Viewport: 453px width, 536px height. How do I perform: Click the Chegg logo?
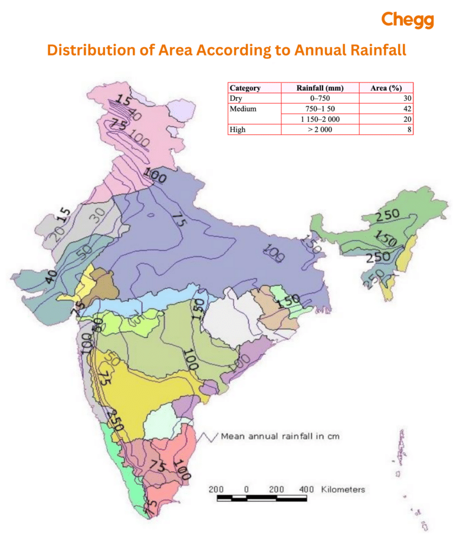[x=408, y=20]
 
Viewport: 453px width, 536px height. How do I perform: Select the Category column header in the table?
[x=245, y=88]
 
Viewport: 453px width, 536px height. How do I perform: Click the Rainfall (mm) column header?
[x=319, y=88]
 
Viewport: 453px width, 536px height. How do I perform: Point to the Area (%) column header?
[x=386, y=88]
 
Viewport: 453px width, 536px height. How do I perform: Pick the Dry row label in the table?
[x=235, y=98]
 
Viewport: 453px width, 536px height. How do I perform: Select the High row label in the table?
[x=237, y=130]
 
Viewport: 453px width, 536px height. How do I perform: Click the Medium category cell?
[x=242, y=108]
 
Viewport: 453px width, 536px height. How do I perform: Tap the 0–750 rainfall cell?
[x=319, y=98]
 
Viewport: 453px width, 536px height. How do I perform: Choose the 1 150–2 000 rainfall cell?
[x=319, y=119]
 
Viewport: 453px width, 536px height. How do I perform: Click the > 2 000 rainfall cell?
[x=319, y=130]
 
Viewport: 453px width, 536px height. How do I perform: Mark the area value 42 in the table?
[x=406, y=108]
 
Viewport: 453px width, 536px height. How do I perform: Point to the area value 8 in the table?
[x=408, y=130]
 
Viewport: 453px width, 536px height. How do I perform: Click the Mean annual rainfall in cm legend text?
[x=280, y=437]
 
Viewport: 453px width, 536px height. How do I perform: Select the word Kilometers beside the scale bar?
[x=343, y=489]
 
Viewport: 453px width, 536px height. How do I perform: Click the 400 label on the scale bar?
[x=306, y=489]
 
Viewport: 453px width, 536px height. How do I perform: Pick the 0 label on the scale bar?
[x=246, y=489]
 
